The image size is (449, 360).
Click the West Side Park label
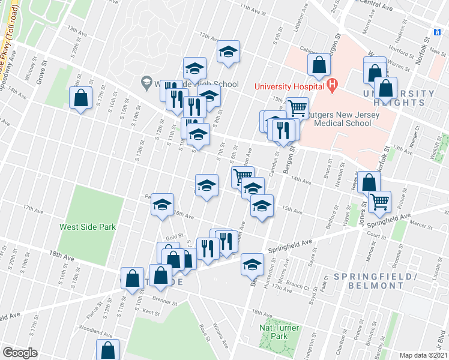point(88,227)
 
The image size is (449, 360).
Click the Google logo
point(20,352)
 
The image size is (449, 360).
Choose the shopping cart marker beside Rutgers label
point(297,108)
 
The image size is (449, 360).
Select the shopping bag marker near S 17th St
point(80,98)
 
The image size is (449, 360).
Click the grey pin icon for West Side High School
point(146,81)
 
